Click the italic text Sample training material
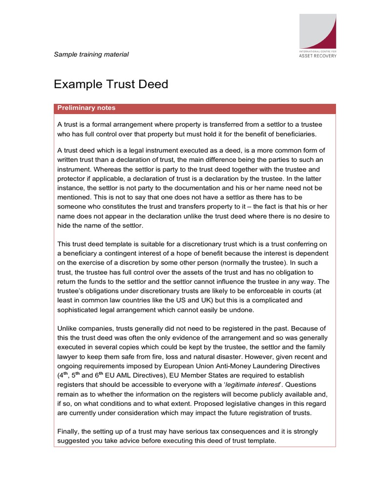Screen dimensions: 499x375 point(91,55)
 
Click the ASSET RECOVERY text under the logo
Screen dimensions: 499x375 point(318,56)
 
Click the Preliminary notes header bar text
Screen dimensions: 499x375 point(86,108)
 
